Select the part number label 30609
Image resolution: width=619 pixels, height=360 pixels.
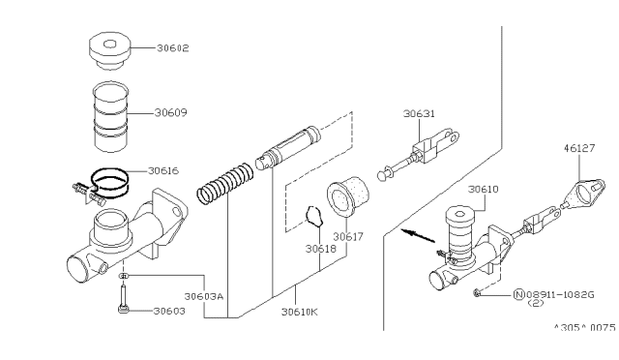click(170, 112)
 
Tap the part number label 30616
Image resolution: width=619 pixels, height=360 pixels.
click(163, 170)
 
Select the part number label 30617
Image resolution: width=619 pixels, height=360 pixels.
click(348, 235)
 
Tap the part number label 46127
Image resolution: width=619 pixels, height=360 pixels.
click(580, 150)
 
